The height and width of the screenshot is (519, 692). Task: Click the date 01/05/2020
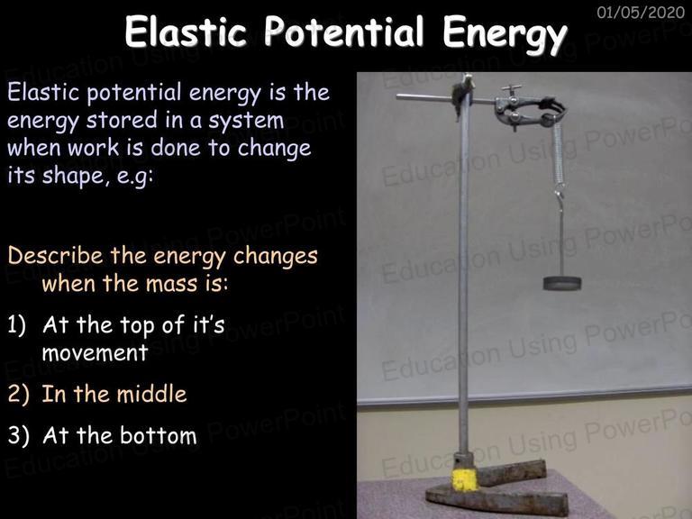pos(641,12)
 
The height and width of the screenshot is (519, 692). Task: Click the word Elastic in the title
pos(186,32)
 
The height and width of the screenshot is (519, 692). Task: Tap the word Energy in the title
pos(505,34)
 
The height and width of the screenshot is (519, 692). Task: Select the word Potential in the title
pos(344,32)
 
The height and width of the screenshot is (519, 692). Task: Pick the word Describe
pos(56,256)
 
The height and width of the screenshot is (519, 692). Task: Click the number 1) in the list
pos(17,325)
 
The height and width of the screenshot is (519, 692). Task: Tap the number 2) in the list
pos(18,394)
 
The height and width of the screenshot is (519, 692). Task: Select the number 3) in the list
pos(18,435)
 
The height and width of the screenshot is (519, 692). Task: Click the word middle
pos(151,394)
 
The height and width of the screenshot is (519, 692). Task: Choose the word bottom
pos(159,435)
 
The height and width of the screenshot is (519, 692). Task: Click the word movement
pos(95,353)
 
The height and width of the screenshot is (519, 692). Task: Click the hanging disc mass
pos(562,283)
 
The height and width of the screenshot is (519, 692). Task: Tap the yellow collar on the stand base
pos(465,479)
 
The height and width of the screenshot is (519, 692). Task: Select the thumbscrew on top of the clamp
pos(511,90)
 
